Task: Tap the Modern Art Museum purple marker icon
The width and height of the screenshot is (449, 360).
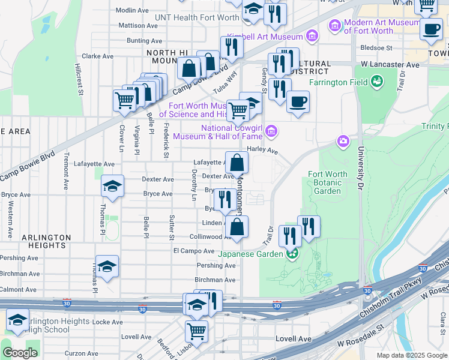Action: [x=334, y=26]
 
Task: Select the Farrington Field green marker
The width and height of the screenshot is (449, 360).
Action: [x=377, y=81]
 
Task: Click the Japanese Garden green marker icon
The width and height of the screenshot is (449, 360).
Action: [x=292, y=253]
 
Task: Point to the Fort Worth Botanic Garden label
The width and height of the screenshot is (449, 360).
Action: [x=327, y=182]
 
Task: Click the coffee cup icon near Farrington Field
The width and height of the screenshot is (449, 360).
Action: [x=298, y=101]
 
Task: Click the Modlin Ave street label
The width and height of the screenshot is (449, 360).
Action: [x=132, y=10]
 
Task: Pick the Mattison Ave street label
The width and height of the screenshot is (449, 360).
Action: [x=138, y=25]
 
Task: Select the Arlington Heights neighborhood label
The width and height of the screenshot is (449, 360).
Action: [x=43, y=241]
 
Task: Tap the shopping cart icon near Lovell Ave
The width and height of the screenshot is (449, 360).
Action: [x=196, y=331]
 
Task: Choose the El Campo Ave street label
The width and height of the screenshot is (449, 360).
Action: [x=193, y=251]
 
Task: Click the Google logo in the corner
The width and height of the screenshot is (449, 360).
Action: [x=20, y=353]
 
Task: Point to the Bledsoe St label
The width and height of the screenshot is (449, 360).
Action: [x=376, y=47]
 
